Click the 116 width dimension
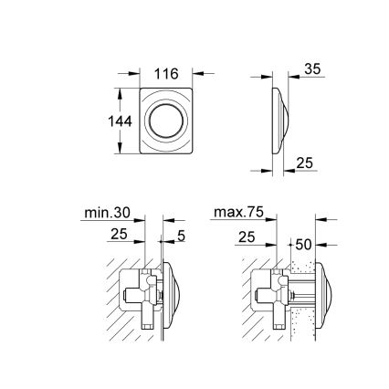click(167, 74)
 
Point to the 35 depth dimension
click(313, 69)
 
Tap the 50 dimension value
click(305, 245)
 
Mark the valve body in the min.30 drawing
click(138, 296)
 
